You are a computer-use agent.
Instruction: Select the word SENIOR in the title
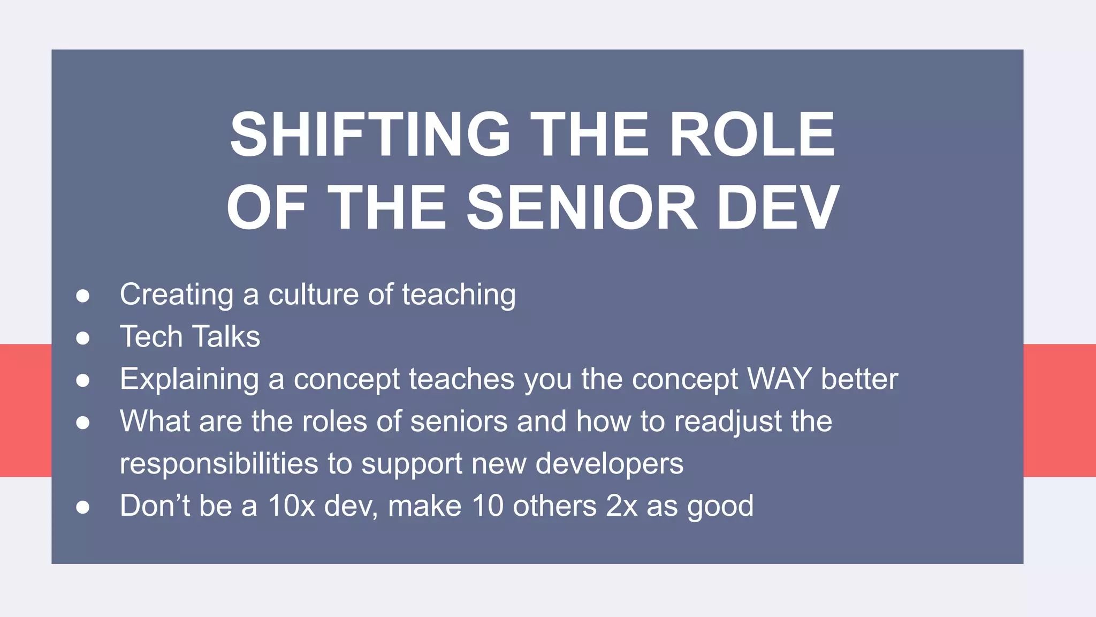(582, 208)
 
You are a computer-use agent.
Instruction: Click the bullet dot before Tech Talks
(82, 338)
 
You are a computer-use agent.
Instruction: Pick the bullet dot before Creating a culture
(82, 296)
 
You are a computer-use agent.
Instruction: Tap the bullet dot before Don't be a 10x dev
(82, 507)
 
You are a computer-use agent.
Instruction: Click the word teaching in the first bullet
(459, 295)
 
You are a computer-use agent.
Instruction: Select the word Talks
(225, 337)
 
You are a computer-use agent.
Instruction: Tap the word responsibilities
(219, 464)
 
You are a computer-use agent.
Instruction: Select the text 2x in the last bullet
(621, 506)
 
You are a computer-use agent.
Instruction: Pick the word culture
(313, 295)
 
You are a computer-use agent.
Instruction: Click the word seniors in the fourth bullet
(459, 422)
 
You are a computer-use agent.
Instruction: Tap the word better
(859, 379)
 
